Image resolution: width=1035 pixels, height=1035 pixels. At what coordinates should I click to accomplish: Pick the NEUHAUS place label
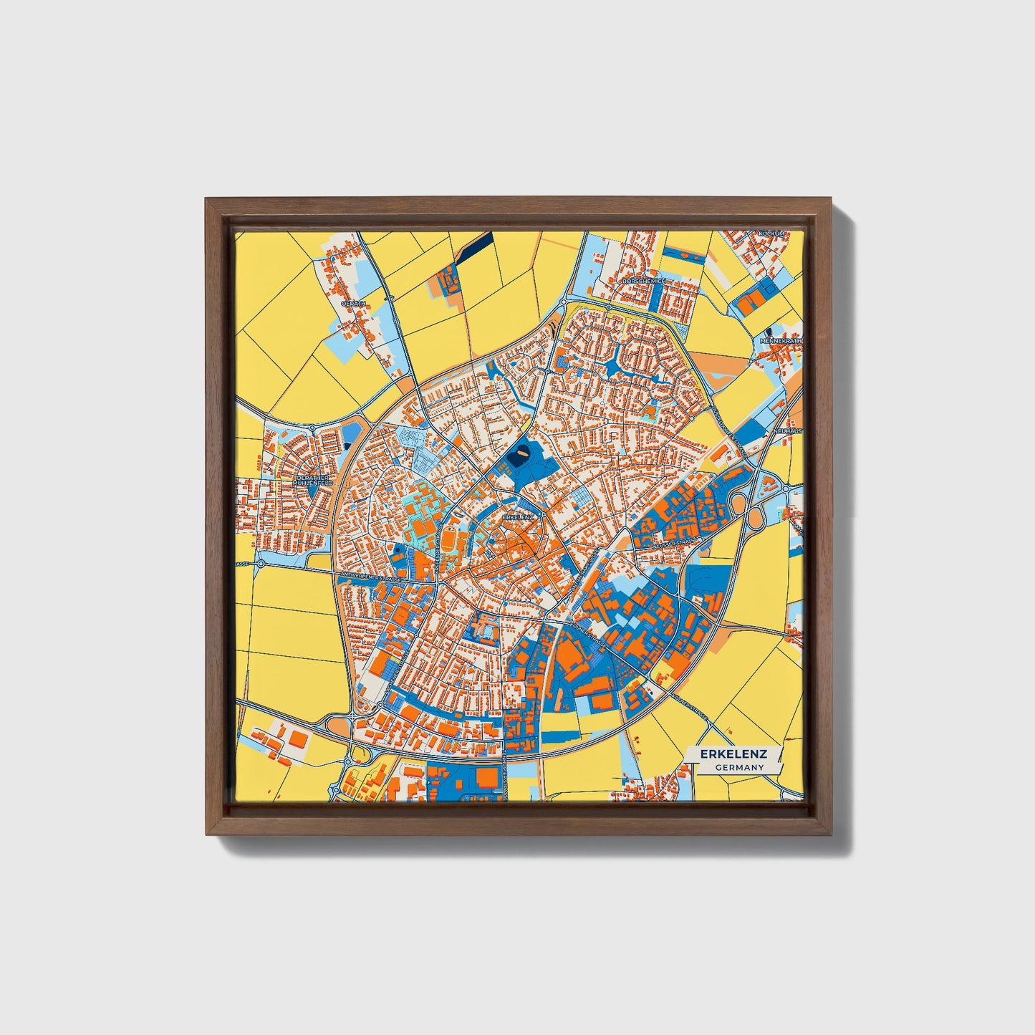(x=789, y=431)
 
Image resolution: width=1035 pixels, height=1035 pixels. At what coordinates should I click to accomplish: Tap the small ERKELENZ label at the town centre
(x=519, y=516)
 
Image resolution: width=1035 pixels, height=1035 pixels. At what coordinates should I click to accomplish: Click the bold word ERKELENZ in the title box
(x=734, y=754)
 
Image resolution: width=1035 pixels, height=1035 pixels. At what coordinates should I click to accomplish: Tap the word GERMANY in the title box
(x=739, y=767)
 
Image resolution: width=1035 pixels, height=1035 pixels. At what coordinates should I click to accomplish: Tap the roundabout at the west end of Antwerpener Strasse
(x=261, y=564)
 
